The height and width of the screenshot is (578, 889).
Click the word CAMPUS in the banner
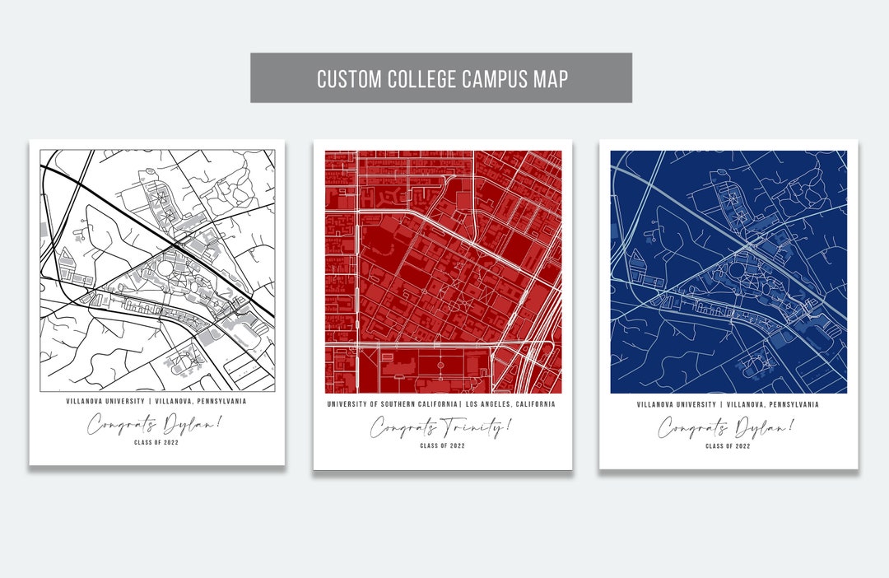(x=493, y=79)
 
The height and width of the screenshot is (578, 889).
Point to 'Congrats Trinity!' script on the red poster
(x=440, y=427)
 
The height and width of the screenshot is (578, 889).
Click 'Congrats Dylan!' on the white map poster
(x=156, y=425)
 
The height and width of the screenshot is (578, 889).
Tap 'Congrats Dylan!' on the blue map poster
(x=727, y=427)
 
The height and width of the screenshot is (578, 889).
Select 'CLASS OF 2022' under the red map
(x=442, y=445)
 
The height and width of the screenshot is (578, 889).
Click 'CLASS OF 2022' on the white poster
(x=156, y=443)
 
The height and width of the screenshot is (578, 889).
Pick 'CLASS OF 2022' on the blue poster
(x=728, y=445)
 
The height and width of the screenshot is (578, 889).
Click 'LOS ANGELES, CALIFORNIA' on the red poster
(x=510, y=404)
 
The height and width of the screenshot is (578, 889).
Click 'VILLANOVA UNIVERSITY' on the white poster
(x=103, y=402)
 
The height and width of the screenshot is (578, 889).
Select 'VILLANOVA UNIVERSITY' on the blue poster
(x=675, y=404)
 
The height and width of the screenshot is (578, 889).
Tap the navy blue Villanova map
(x=728, y=272)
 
